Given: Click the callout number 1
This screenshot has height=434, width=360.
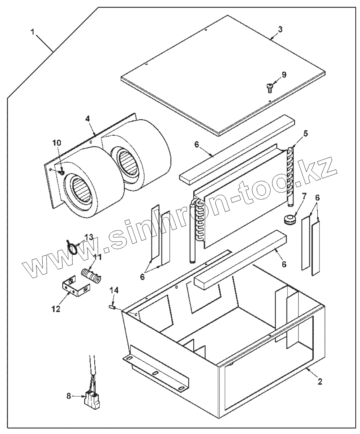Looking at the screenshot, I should (x=33, y=32).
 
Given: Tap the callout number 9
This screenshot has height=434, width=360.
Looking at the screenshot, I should (x=284, y=75).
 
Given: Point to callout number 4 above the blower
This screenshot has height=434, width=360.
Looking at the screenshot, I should (x=87, y=119).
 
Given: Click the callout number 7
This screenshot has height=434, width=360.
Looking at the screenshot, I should (x=304, y=197).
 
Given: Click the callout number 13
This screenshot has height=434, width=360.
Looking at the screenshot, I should (x=89, y=237).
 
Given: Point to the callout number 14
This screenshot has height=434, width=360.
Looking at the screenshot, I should (x=114, y=290).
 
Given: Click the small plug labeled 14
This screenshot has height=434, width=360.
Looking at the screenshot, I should (x=112, y=307).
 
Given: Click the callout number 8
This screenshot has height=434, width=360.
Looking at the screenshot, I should (x=69, y=396).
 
